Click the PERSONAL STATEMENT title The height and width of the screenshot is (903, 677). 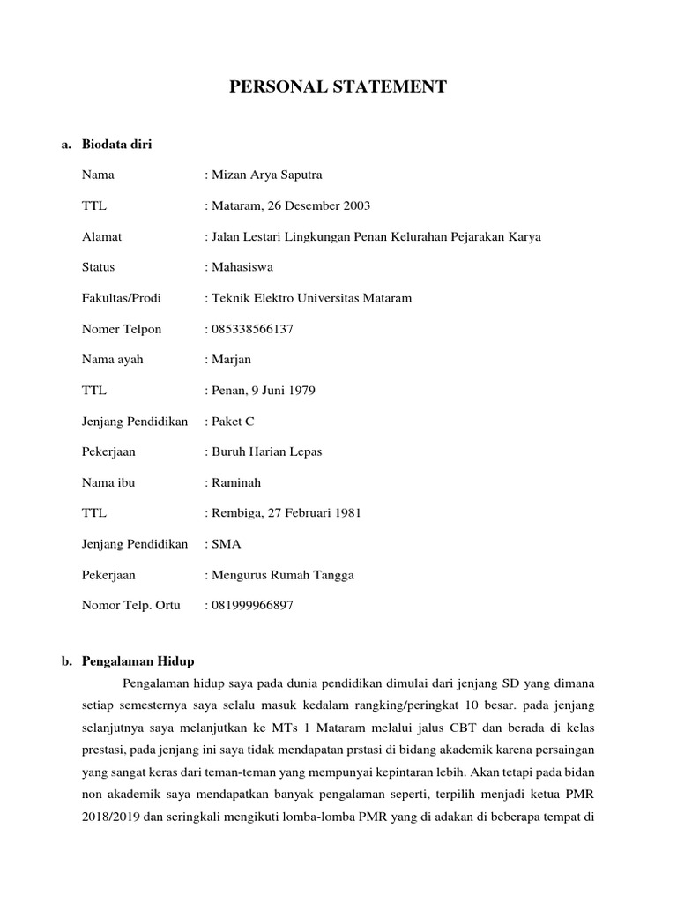[x=338, y=86]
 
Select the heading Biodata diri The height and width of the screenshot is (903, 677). [x=116, y=144]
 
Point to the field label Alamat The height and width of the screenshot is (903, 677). [x=101, y=236]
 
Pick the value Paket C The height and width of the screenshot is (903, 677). [x=233, y=421]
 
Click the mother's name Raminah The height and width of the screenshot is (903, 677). [x=235, y=482]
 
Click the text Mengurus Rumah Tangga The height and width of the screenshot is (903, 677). [x=282, y=575]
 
